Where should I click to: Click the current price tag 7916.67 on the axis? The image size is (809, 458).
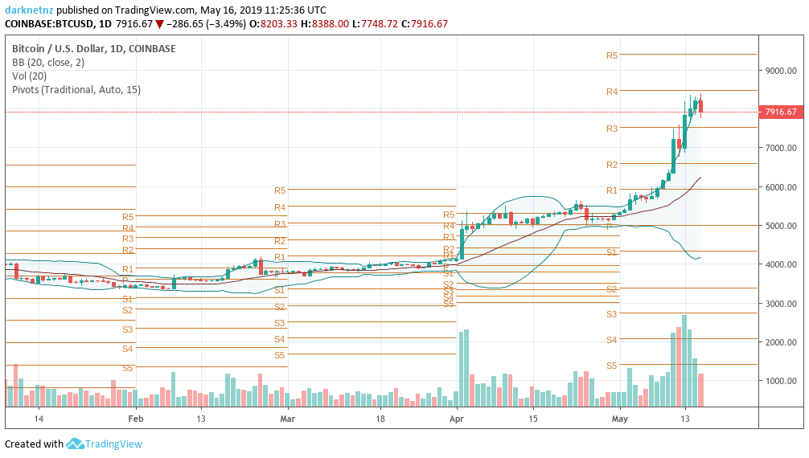780,112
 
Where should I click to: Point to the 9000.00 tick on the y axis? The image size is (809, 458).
780,72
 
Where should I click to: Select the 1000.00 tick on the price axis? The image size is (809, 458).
780,381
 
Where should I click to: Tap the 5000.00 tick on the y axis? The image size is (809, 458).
780,226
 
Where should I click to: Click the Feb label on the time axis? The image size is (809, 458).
136,419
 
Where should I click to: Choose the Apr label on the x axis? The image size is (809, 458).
457,419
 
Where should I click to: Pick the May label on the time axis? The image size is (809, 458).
619,419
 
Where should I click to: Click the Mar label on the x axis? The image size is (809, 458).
288,419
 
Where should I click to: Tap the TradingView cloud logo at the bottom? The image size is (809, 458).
76,444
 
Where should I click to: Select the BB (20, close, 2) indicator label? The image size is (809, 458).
48,63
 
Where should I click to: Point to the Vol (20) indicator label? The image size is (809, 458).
29,76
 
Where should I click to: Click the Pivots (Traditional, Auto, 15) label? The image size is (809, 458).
76,90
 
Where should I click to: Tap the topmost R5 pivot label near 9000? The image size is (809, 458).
611,55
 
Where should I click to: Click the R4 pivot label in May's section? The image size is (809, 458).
611,92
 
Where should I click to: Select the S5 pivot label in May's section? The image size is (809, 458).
611,366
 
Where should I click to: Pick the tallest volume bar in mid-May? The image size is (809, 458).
684,360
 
